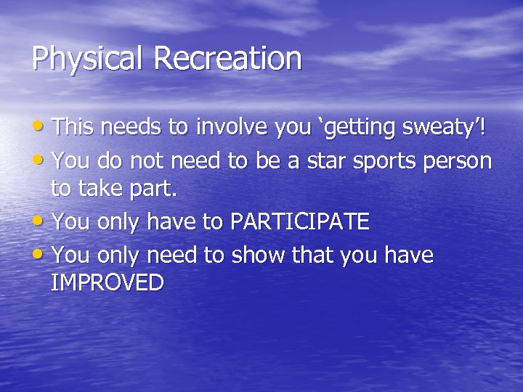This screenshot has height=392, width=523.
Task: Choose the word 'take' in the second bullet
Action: [102, 190]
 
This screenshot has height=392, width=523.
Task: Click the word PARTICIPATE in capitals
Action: [299, 221]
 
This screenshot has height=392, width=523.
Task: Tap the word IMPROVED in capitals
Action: [108, 282]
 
